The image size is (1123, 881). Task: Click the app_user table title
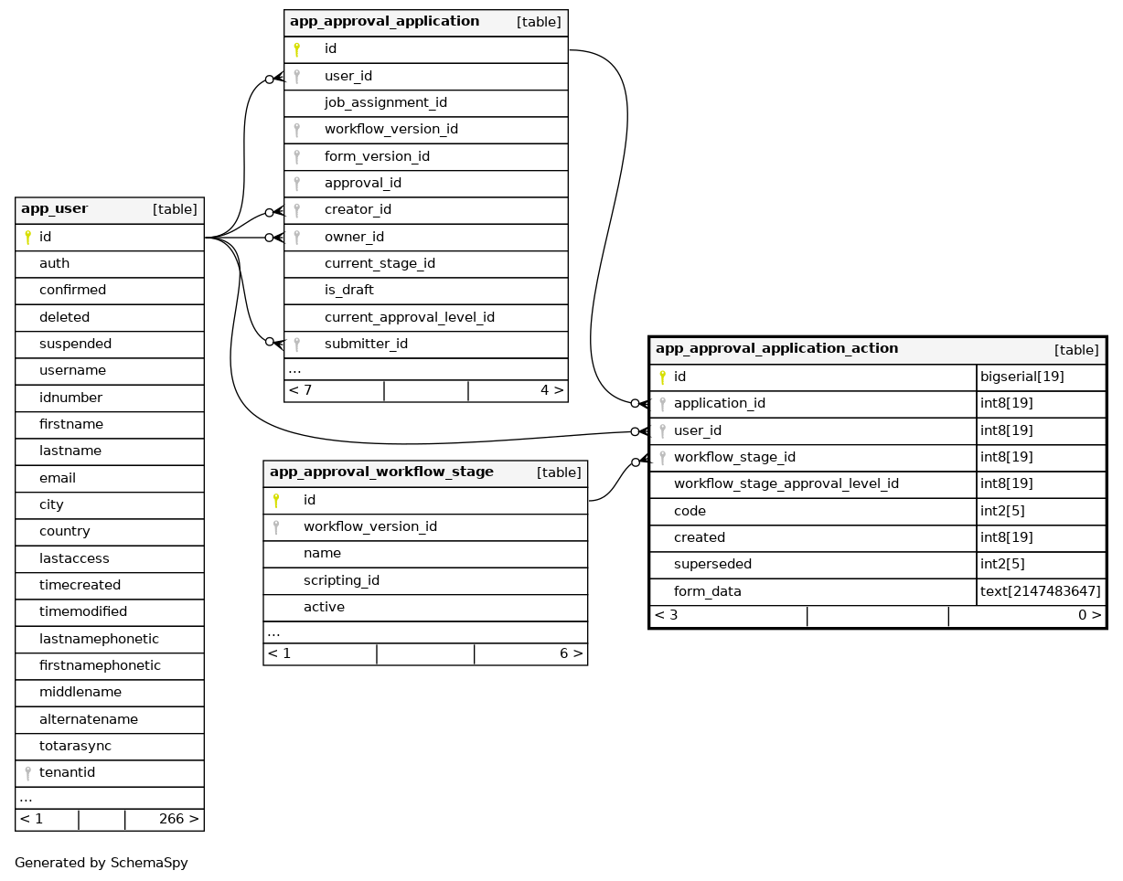pyautogui.click(x=55, y=209)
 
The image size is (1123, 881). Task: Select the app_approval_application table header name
pyautogui.click(x=384, y=22)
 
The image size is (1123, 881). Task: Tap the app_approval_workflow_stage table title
pyautogui.click(x=381, y=472)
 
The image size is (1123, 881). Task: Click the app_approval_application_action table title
pyautogui.click(x=776, y=349)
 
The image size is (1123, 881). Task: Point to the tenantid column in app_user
pyautogui.click(x=67, y=773)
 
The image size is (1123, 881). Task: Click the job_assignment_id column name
pyautogui.click(x=385, y=103)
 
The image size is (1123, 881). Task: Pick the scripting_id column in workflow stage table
pyautogui.click(x=341, y=580)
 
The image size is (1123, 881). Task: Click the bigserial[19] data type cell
pyautogui.click(x=1021, y=377)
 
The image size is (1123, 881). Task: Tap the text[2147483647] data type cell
pyautogui.click(x=1040, y=592)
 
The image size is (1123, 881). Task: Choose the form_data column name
pyautogui.click(x=707, y=592)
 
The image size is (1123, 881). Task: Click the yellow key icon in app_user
pyautogui.click(x=27, y=238)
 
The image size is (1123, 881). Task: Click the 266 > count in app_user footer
pyautogui.click(x=178, y=819)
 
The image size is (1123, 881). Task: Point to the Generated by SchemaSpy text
pyautogui.click(x=101, y=863)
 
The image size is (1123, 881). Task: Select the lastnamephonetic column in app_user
pyautogui.click(x=99, y=639)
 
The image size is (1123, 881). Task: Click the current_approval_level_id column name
pyautogui.click(x=409, y=318)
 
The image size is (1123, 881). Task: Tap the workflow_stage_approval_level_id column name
pyautogui.click(x=786, y=484)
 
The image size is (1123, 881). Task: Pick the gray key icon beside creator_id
pyautogui.click(x=296, y=210)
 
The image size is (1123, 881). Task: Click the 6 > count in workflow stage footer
pyautogui.click(x=571, y=654)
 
